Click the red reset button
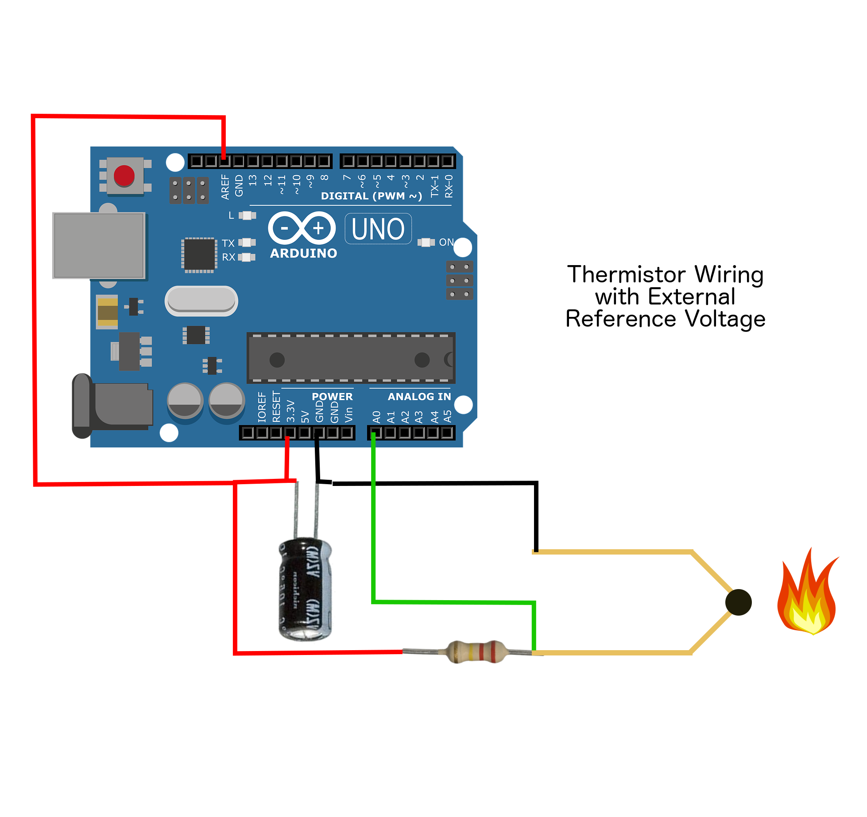tap(124, 175)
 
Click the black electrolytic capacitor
tap(304, 589)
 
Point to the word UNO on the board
tap(378, 229)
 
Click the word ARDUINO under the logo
tap(303, 253)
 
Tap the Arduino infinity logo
tap(302, 228)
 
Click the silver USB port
tap(99, 245)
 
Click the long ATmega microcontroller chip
tap(351, 358)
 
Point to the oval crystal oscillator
tap(201, 301)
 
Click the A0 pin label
tap(377, 417)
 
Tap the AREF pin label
tap(225, 187)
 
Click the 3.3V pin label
tap(290, 412)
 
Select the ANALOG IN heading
tap(419, 397)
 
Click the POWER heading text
tap(332, 397)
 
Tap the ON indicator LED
tap(426, 243)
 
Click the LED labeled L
tap(247, 216)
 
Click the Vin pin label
tap(348, 415)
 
